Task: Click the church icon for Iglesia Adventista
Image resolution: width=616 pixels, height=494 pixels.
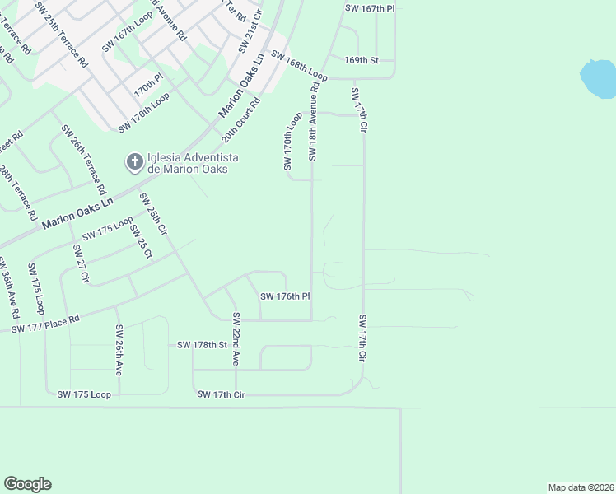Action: [x=133, y=162]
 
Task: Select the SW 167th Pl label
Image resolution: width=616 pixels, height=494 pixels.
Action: [x=370, y=7]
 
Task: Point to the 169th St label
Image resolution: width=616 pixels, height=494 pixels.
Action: [x=362, y=60]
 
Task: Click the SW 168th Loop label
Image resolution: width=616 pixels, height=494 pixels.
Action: [x=299, y=67]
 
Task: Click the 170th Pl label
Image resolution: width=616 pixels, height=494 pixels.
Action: [x=149, y=84]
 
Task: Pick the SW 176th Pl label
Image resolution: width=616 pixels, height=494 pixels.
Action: [x=285, y=296]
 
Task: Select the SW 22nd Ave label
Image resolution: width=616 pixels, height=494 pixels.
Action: [x=236, y=339]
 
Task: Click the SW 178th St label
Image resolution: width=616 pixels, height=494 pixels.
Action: [x=202, y=345]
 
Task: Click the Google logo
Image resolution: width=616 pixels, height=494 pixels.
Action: [x=27, y=484]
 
